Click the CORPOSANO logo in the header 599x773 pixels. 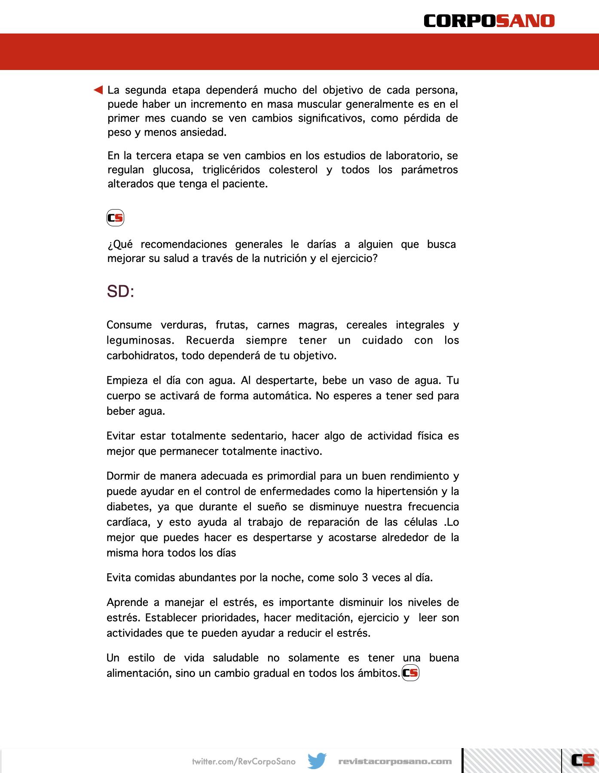489,21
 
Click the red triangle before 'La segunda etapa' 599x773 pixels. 98,90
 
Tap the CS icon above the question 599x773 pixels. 115,218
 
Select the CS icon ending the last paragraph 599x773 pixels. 410,673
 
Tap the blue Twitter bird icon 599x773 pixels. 317,761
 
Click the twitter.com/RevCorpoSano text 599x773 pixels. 244,761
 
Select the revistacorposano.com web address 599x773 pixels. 395,761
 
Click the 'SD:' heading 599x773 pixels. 120,292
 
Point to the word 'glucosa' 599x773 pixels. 171,170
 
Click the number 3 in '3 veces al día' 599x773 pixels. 365,578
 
